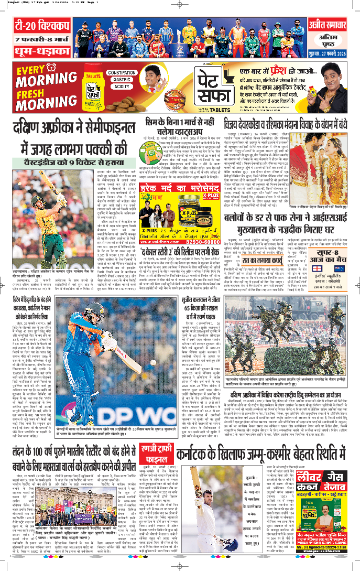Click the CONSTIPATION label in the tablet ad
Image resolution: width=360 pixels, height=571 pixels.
122,72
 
